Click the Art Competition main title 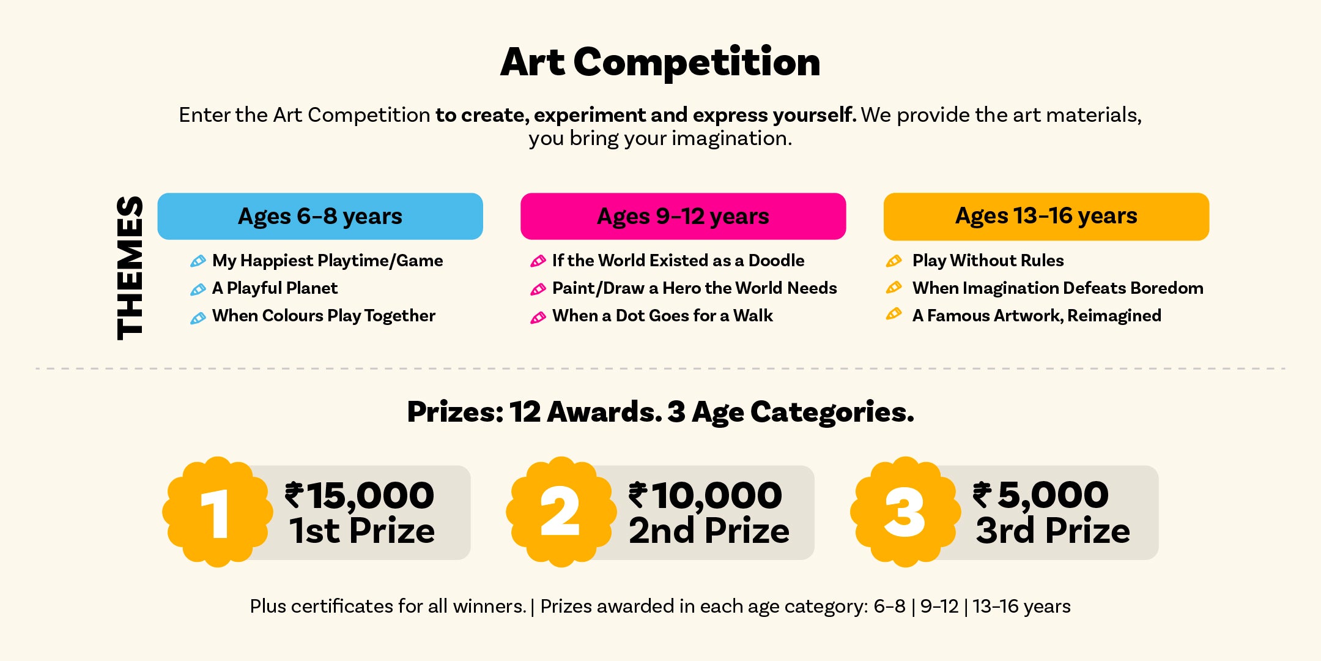(x=660, y=62)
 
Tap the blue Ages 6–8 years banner (x=320, y=216)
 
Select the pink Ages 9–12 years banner (x=683, y=216)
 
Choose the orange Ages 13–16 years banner (x=1046, y=216)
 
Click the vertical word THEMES (x=130, y=267)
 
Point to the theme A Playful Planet (x=275, y=288)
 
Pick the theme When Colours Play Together (x=324, y=316)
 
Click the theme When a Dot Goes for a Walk (x=662, y=316)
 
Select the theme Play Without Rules (x=988, y=261)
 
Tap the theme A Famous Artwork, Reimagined (x=1037, y=316)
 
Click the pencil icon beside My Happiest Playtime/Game (x=198, y=261)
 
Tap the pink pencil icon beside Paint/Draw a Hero (x=538, y=289)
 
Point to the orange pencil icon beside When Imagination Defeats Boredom (x=894, y=287)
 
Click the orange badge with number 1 (x=218, y=512)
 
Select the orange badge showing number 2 (x=561, y=512)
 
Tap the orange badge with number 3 (x=906, y=512)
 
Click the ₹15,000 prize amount (x=360, y=495)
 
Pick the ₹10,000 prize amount (x=706, y=495)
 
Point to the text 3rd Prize (x=1053, y=530)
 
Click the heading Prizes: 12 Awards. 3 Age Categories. (x=660, y=412)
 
